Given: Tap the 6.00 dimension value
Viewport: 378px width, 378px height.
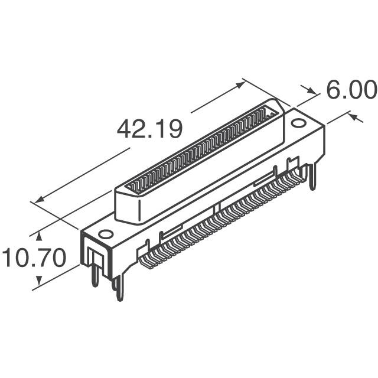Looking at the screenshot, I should click(350, 90).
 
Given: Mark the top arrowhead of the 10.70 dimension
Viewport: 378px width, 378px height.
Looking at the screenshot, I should click(40, 234).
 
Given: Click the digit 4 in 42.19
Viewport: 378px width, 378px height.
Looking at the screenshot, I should click(125, 129).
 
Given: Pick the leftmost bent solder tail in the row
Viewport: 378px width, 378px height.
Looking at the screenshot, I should click(144, 255).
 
